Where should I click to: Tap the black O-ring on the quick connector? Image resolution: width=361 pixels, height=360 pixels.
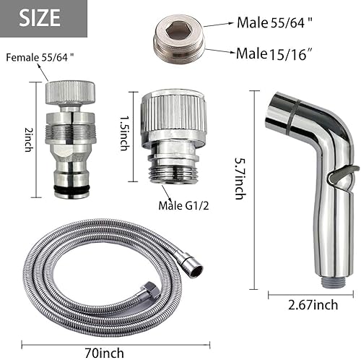click(71, 190)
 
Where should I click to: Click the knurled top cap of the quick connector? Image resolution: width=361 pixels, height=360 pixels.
click(70, 93)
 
